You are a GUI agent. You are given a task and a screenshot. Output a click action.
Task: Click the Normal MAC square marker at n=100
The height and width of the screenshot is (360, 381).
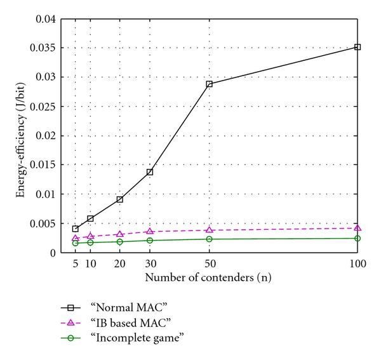[x=358, y=47]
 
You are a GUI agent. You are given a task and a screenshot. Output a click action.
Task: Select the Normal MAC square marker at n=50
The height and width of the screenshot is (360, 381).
[x=209, y=84]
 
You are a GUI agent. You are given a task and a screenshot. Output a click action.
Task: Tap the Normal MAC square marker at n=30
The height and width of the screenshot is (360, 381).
[x=149, y=172]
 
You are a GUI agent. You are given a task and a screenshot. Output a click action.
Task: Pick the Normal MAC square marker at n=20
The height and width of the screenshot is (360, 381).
[x=119, y=199]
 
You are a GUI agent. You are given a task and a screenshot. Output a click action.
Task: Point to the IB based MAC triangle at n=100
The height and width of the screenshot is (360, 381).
[x=358, y=228]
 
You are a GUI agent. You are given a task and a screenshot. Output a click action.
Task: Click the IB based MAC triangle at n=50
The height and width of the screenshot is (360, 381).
[x=209, y=230]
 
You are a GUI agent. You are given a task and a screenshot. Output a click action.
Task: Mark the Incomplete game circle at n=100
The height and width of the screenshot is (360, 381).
[x=358, y=238]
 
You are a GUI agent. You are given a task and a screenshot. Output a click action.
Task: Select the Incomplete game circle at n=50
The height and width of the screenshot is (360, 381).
[x=209, y=239]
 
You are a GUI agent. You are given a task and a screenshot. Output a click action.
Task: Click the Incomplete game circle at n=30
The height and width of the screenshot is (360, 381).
[x=149, y=240]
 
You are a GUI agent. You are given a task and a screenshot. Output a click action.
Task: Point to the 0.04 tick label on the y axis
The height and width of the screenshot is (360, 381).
[x=45, y=19]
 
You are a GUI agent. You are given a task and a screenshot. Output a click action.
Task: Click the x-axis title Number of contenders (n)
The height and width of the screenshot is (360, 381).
[x=211, y=277]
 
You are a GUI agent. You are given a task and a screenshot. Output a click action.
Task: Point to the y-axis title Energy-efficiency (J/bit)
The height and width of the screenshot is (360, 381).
[x=22, y=136]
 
